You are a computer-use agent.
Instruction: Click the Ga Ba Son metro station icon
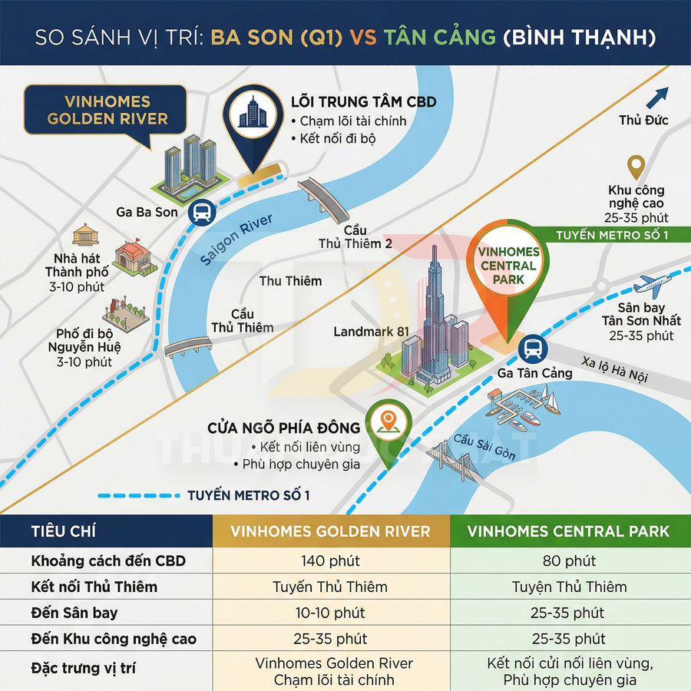pyautogui.click(x=202, y=212)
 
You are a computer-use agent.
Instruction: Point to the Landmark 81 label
pyautogui.click(x=366, y=332)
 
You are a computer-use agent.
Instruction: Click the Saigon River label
pyautogui.click(x=237, y=240)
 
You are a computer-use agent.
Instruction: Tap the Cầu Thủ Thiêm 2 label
pyautogui.click(x=355, y=237)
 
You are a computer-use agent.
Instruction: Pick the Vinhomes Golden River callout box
pyautogui.click(x=107, y=111)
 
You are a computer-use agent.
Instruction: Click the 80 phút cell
pyautogui.click(x=569, y=561)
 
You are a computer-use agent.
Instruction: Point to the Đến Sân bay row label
pyautogui.click(x=75, y=613)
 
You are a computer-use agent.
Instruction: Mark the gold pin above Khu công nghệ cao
pyautogui.click(x=636, y=167)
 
